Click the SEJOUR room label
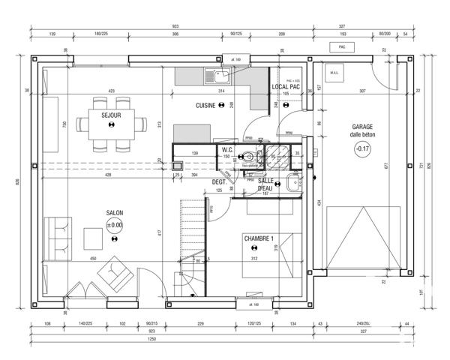tap(111, 115)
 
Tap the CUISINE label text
tap(205, 106)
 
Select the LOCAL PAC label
tap(286, 88)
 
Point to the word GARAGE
tap(362, 127)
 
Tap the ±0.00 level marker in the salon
tap(114, 225)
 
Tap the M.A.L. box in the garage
tap(334, 73)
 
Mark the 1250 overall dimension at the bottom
tap(151, 339)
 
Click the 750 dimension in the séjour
tap(64, 124)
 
